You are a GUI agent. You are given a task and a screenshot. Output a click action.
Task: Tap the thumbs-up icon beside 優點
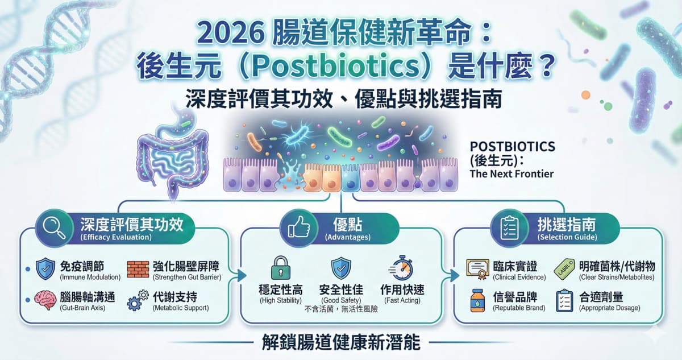pyautogui.click(x=298, y=228)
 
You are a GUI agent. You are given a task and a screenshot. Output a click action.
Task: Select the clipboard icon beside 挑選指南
pyautogui.click(x=507, y=227)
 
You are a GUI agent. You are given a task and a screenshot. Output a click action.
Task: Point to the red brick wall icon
pyautogui.click(x=138, y=269)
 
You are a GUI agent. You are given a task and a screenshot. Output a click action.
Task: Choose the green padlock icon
pyautogui.click(x=280, y=267)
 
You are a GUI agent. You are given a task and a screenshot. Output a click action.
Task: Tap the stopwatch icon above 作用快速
pyautogui.click(x=401, y=268)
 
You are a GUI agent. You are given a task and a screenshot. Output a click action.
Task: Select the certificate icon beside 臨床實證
pyautogui.click(x=477, y=268)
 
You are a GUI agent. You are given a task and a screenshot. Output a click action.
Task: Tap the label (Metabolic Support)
pyautogui.click(x=181, y=308)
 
